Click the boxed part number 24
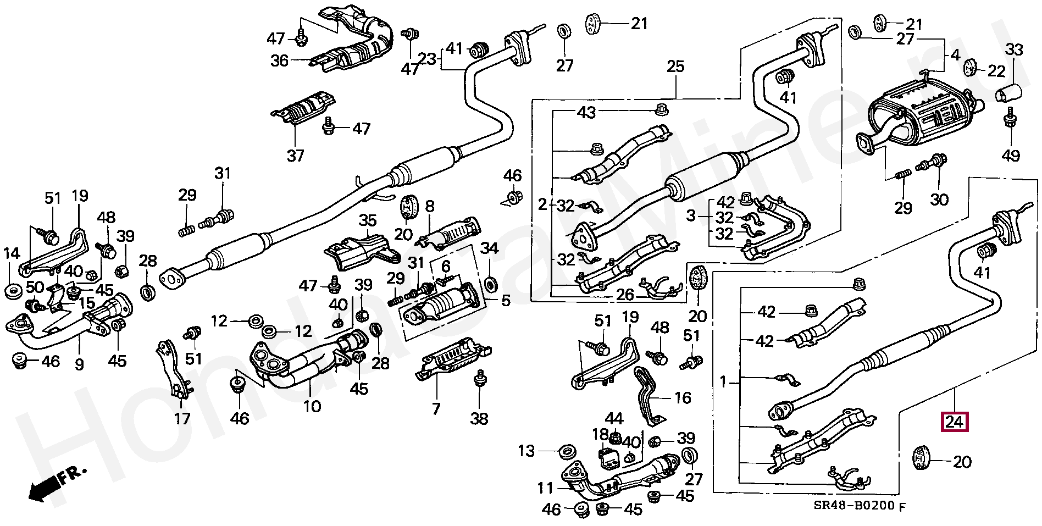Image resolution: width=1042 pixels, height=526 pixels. (x=955, y=422)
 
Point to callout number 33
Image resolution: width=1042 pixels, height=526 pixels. (x=1014, y=50)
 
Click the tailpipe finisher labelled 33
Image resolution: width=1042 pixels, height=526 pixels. (x=1009, y=93)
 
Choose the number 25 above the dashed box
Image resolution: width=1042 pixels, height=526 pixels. (x=675, y=67)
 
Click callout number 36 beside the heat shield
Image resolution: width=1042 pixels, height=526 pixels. (x=279, y=60)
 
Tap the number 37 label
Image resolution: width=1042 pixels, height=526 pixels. (x=295, y=156)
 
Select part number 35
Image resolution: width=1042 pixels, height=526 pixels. (x=367, y=221)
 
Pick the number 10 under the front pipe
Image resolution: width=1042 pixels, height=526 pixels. (x=312, y=407)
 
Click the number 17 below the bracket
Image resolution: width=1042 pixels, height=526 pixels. (x=182, y=419)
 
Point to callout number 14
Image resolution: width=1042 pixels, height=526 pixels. (x=12, y=254)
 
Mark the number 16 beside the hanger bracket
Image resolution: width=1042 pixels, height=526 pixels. (x=682, y=397)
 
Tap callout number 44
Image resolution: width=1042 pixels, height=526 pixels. (x=614, y=419)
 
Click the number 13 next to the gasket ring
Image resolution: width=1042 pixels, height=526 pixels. (x=526, y=451)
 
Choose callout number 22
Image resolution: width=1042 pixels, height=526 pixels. (x=996, y=71)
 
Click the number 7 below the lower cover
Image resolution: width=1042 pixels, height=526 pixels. (x=436, y=409)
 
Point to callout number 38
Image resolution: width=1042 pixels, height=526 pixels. (x=479, y=419)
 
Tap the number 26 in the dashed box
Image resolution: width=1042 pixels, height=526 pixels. (x=625, y=295)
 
